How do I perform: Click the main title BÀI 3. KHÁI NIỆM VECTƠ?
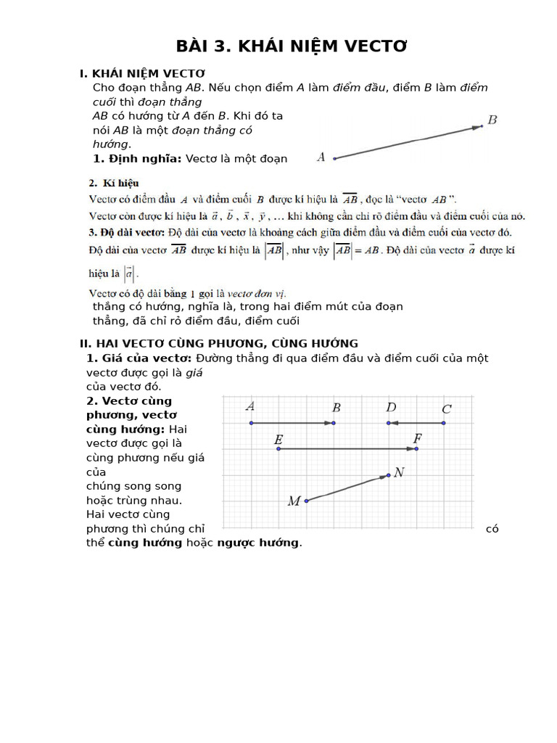(292, 47)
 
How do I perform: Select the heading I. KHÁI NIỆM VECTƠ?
(142, 73)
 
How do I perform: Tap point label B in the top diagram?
(492, 120)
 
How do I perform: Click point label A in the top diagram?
(321, 157)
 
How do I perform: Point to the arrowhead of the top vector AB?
(479, 127)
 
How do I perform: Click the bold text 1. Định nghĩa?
(138, 158)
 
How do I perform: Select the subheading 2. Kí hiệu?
(114, 183)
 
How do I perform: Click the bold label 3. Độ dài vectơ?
(128, 232)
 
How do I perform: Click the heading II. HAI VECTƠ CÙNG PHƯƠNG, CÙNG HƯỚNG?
(218, 343)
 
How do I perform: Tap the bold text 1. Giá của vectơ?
(139, 358)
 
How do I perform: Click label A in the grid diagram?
(250, 406)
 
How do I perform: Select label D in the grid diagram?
(391, 407)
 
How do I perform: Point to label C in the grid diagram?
(447, 409)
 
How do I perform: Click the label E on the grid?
(278, 440)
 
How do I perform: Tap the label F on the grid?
(417, 438)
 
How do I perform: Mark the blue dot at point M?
(306, 501)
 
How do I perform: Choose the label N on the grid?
(400, 472)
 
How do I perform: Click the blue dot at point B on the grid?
(334, 422)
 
